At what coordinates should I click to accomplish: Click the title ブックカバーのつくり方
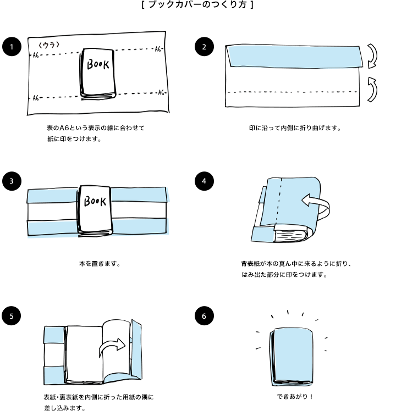coord(197,5)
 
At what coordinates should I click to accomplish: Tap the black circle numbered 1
coord(12,47)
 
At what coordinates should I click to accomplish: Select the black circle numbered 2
coord(204,47)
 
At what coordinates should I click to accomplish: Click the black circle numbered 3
coord(12,180)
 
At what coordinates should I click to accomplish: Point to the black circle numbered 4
coord(204,180)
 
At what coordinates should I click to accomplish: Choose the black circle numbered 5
coord(12,315)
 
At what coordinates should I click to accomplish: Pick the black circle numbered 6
coord(204,315)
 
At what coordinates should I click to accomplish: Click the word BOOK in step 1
coord(99,64)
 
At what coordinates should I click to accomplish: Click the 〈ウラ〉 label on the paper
coord(49,44)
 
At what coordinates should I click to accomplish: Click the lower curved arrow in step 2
coord(372,89)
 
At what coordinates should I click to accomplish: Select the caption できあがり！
coord(295,396)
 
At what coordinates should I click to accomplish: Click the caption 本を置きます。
coord(100,263)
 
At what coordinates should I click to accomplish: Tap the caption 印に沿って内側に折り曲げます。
coord(295,128)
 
